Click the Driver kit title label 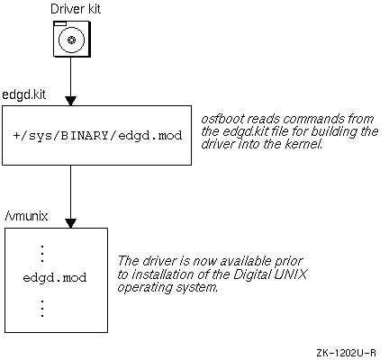76,9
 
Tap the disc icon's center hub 71,40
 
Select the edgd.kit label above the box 24,94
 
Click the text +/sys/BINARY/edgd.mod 97,136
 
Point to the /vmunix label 26,216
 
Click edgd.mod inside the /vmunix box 55,277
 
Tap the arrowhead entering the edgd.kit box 71,101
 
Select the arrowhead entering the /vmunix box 71,223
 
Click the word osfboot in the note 222,119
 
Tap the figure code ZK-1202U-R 346,353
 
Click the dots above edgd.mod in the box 42,254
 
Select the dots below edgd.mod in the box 42,309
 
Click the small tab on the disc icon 60,23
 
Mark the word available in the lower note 246,261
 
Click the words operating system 167,288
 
